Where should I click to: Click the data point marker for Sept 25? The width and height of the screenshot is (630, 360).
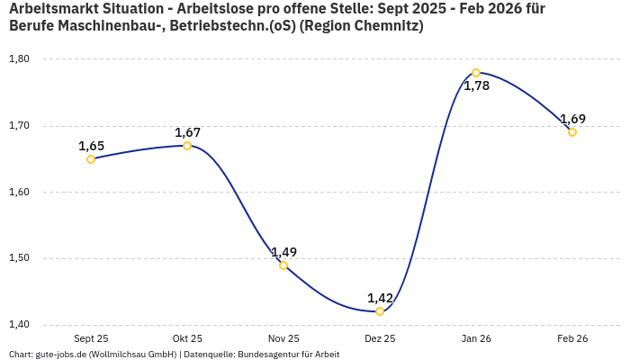(x=91, y=159)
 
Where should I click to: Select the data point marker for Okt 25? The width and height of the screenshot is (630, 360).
(x=187, y=146)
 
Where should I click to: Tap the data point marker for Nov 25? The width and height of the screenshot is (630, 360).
(x=283, y=265)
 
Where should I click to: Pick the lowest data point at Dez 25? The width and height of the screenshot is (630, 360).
(x=380, y=311)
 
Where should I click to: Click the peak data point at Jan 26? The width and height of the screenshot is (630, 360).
(x=476, y=73)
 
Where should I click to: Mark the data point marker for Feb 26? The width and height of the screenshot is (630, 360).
(x=572, y=132)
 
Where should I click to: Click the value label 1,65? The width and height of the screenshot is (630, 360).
(x=91, y=146)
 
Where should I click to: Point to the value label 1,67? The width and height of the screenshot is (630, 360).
(x=187, y=132)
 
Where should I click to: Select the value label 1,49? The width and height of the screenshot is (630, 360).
(x=283, y=252)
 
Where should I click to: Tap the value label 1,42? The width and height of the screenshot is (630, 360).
(x=380, y=298)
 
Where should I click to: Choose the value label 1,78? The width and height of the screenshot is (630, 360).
(x=476, y=86)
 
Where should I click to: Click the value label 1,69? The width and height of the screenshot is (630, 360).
(x=572, y=119)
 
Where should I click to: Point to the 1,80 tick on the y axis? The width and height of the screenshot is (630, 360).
(x=19, y=59)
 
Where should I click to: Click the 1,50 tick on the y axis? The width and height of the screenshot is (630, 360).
(x=19, y=258)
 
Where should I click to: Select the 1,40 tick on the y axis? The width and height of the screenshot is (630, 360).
(x=19, y=325)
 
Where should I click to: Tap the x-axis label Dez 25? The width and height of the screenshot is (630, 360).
(x=380, y=339)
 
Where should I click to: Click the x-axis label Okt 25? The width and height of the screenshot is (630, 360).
(x=187, y=339)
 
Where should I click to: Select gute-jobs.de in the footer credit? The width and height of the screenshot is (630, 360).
(x=60, y=355)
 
